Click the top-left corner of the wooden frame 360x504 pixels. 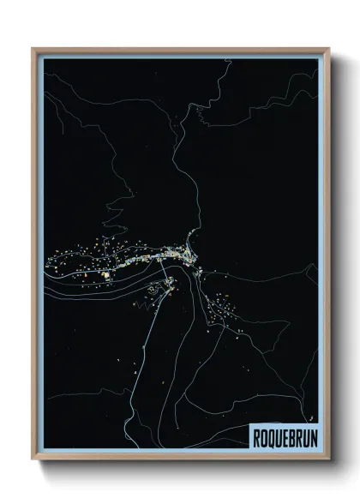(33, 48)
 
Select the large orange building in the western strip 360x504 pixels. (107, 275)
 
